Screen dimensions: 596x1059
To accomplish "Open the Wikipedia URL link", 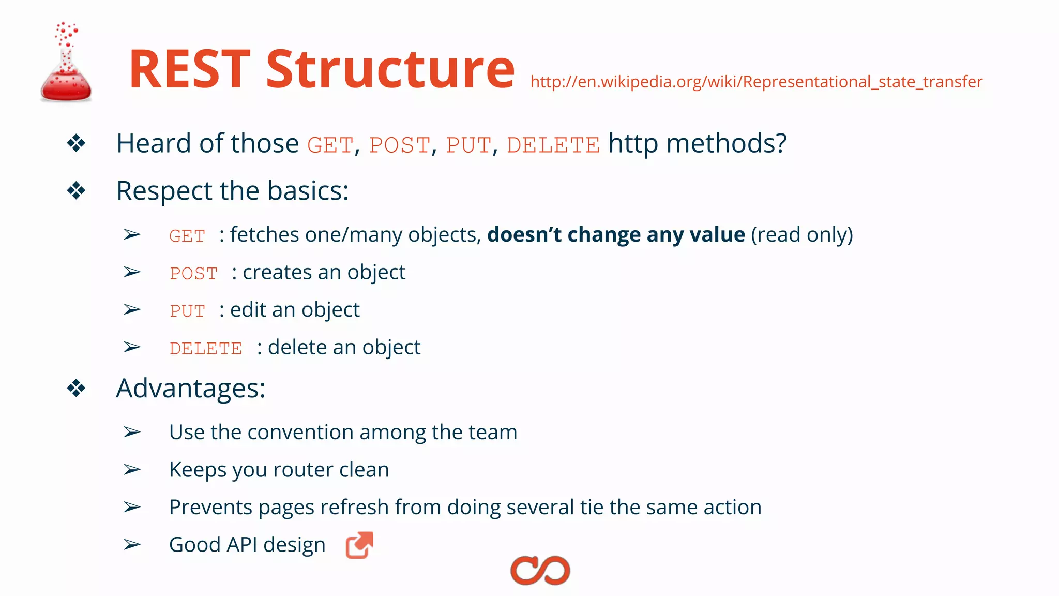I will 756,82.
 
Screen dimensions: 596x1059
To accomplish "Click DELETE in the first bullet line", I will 553,145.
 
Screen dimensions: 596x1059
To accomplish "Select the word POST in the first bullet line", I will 399,145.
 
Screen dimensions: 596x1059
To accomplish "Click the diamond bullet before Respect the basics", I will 76,191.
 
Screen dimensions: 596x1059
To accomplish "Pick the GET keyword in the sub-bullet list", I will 187,236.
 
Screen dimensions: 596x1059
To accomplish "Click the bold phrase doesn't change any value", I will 616,234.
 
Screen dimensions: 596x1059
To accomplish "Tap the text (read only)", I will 801,234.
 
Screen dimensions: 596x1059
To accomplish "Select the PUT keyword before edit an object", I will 187,311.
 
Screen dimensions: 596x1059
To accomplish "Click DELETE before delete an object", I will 206,348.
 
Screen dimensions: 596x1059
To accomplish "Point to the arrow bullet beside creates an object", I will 132,272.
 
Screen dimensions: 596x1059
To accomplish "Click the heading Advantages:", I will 191,388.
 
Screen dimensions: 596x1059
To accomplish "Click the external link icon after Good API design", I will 359,545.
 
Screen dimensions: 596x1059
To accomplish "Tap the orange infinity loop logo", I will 540,571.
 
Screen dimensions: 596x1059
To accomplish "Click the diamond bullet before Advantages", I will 76,388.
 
